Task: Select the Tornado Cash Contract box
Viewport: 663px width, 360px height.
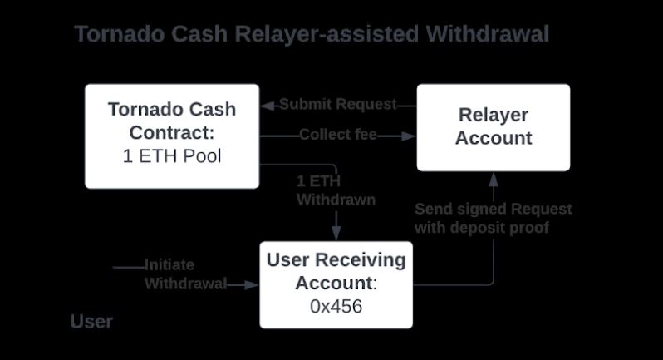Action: (x=172, y=135)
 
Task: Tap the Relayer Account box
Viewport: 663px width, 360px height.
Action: (x=493, y=126)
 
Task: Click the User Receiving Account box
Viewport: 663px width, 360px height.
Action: (x=336, y=284)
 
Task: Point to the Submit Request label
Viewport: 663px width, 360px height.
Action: (x=337, y=105)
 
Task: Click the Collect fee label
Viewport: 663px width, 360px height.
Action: (x=338, y=135)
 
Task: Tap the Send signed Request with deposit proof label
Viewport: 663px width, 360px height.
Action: (x=493, y=218)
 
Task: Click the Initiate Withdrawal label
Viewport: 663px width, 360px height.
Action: (x=185, y=274)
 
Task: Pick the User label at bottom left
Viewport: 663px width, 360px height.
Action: (x=91, y=322)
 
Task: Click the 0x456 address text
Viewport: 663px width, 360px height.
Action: (x=336, y=306)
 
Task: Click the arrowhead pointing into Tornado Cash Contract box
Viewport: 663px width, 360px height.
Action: (x=268, y=106)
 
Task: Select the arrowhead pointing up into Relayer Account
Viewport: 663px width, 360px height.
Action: (x=493, y=177)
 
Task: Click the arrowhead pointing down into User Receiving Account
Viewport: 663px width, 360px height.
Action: (x=336, y=234)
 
